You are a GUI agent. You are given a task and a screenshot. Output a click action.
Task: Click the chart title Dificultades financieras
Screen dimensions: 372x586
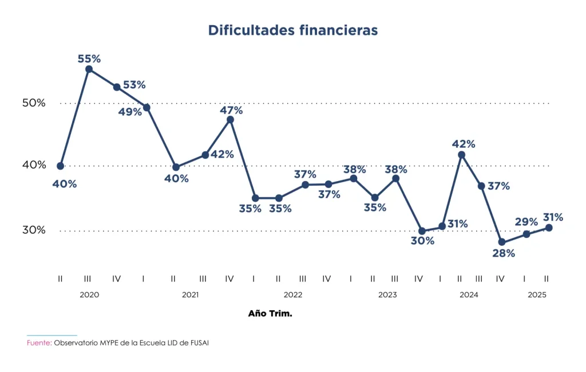pos(292,30)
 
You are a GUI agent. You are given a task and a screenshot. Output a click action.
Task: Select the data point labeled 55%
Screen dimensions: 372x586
pos(89,69)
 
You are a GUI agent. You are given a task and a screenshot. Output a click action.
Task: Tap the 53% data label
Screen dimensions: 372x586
pos(134,85)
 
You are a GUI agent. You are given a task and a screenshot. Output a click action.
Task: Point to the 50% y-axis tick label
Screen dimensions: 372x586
pos(34,103)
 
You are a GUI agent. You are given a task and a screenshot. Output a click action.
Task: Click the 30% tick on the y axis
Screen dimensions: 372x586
pos(34,230)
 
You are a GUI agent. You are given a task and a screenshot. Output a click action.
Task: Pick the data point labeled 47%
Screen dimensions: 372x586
pos(230,120)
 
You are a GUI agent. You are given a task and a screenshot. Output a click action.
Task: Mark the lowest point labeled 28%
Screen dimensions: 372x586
pos(502,242)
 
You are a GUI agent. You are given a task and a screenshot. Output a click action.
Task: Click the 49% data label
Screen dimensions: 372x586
pos(130,112)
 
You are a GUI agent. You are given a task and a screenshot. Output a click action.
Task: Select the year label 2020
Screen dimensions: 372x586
pos(89,295)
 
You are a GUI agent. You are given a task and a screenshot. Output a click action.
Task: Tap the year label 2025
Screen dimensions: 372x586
pos(537,295)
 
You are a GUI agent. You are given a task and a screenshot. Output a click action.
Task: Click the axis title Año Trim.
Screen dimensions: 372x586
pos(270,314)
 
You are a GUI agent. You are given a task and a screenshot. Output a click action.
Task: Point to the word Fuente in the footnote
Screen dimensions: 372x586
pos(39,343)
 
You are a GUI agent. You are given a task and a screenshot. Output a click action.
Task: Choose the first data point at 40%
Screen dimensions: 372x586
pos(61,166)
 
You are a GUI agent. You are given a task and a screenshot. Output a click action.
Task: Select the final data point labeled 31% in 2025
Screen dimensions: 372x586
pos(549,228)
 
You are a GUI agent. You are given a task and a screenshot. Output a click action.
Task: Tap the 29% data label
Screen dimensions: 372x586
pos(526,222)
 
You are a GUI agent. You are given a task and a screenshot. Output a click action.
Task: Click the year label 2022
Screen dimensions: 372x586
pos(292,295)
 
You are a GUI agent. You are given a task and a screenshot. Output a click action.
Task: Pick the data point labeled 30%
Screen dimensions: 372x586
pos(422,231)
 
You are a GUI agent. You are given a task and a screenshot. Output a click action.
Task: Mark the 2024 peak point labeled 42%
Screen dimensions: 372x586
pos(461,155)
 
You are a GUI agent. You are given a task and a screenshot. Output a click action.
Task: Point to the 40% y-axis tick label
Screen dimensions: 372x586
pos(34,165)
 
